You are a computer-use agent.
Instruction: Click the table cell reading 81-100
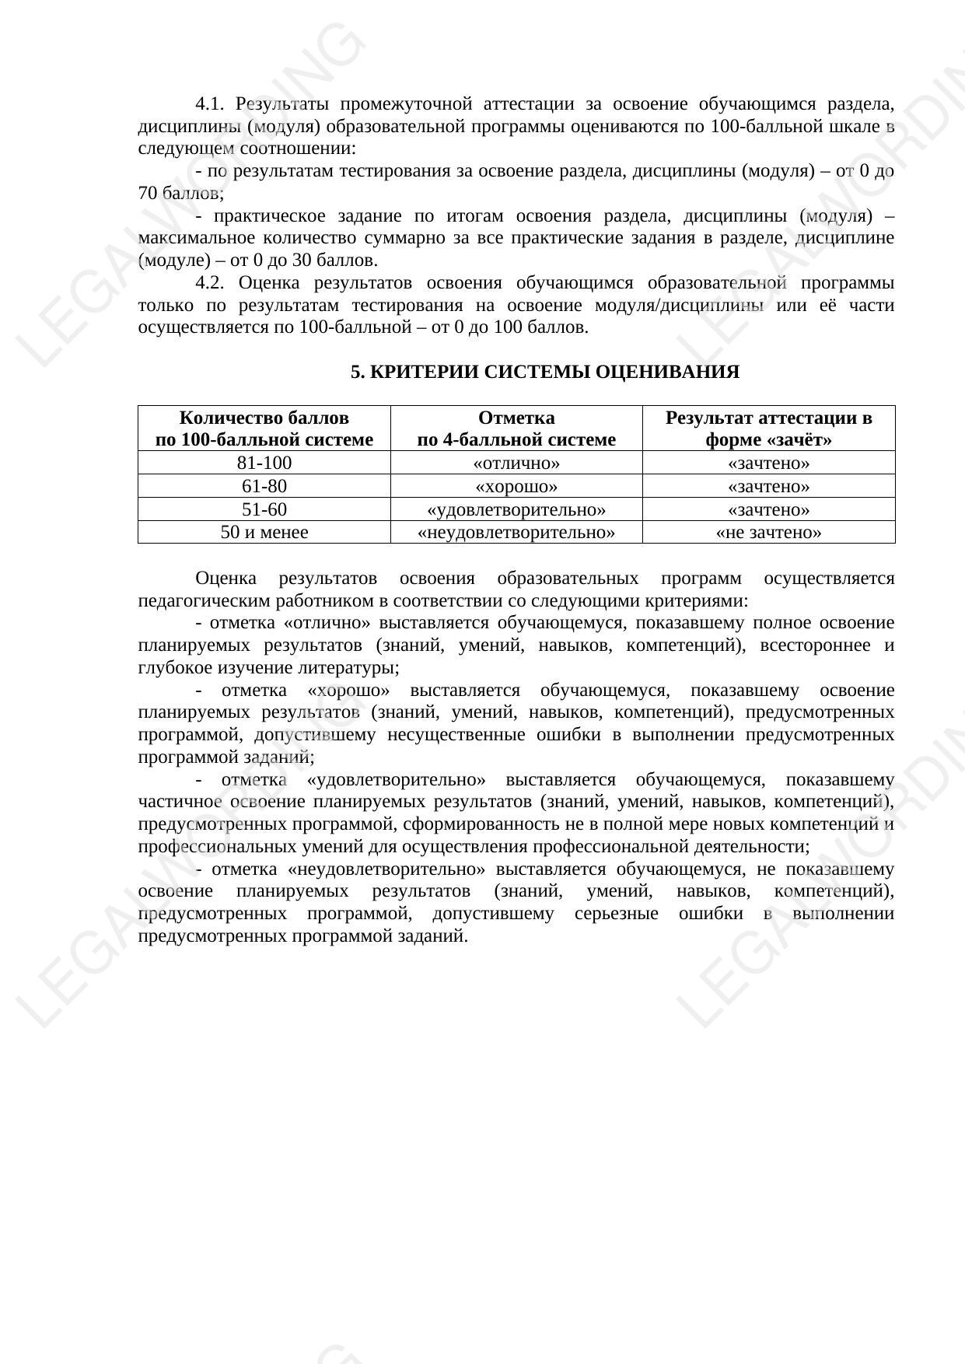[264, 463]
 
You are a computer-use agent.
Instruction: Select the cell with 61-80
[264, 487]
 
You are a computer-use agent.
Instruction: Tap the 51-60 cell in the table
[264, 510]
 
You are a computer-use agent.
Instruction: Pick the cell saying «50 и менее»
[264, 533]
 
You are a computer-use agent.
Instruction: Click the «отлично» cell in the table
[516, 463]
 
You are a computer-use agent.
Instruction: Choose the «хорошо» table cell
[516, 487]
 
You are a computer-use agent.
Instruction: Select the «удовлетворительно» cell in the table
[516, 510]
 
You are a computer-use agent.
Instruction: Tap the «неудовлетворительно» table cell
[516, 533]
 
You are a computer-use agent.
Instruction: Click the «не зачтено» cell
[768, 533]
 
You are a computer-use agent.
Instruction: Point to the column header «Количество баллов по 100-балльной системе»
[264, 428]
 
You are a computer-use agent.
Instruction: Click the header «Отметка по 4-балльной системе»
[516, 428]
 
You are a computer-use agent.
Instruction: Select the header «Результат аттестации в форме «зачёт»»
[768, 428]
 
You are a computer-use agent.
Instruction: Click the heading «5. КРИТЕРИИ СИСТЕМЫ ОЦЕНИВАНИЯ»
[544, 372]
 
